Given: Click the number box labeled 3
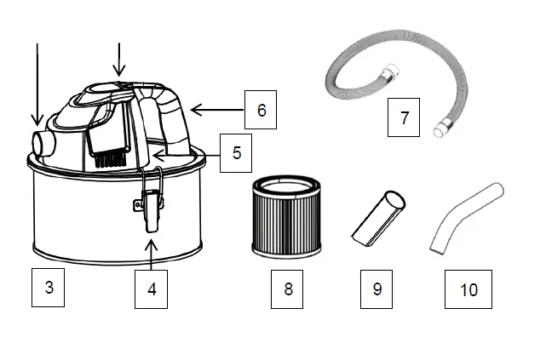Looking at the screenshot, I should point(49,287).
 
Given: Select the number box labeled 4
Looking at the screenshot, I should point(152,289).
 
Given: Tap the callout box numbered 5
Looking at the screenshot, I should point(236,153).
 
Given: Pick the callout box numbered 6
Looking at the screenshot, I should point(262,110).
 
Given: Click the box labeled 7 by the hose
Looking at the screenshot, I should point(405,117).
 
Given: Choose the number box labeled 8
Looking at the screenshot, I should point(288,289).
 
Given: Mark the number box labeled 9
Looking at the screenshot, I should point(377,289).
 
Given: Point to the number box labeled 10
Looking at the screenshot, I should point(468,289).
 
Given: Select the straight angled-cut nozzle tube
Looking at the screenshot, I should point(376,218).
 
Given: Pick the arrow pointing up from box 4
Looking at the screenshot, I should point(152,252).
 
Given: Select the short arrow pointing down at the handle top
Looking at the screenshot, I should point(119,59).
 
